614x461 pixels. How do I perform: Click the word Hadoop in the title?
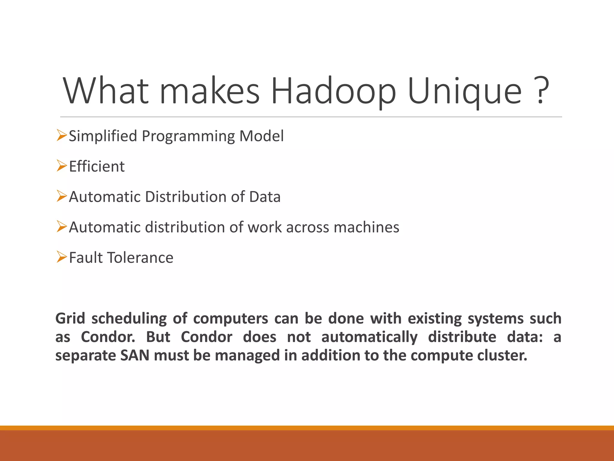click(333, 91)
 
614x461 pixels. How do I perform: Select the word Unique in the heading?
click(465, 91)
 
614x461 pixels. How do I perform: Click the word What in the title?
click(106, 91)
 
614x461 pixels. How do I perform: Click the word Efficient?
click(97, 167)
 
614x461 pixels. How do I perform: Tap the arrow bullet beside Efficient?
click(61, 166)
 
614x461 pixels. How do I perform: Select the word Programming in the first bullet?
click(188, 137)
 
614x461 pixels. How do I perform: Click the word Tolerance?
click(140, 258)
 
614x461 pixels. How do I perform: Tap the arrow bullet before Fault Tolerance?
click(61, 257)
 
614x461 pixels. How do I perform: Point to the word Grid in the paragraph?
click(70, 319)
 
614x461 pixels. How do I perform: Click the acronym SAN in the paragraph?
click(135, 356)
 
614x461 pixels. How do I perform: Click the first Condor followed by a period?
click(108, 337)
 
